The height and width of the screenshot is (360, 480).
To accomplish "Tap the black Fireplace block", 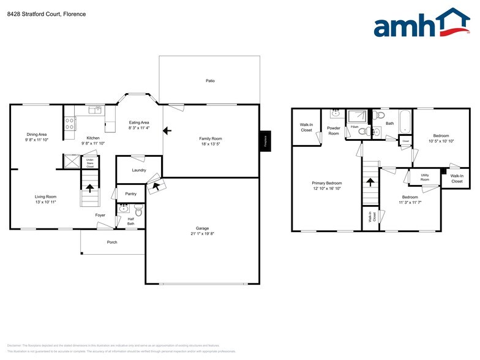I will pos(265,140).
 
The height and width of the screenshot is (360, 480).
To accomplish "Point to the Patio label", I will pos(210,81).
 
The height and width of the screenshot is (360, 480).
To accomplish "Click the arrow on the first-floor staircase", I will pos(90,189).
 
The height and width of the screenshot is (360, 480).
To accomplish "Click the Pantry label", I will pos(130,193).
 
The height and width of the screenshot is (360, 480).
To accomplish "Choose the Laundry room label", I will pos(139,170).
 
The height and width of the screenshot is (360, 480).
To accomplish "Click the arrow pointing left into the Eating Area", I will pos(167,130).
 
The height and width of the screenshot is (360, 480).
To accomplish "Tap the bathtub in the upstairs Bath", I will pos(405,121).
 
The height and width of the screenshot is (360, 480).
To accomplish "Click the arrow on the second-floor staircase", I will pos(369,182).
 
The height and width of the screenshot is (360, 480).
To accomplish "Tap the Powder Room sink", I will pos(335,114).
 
